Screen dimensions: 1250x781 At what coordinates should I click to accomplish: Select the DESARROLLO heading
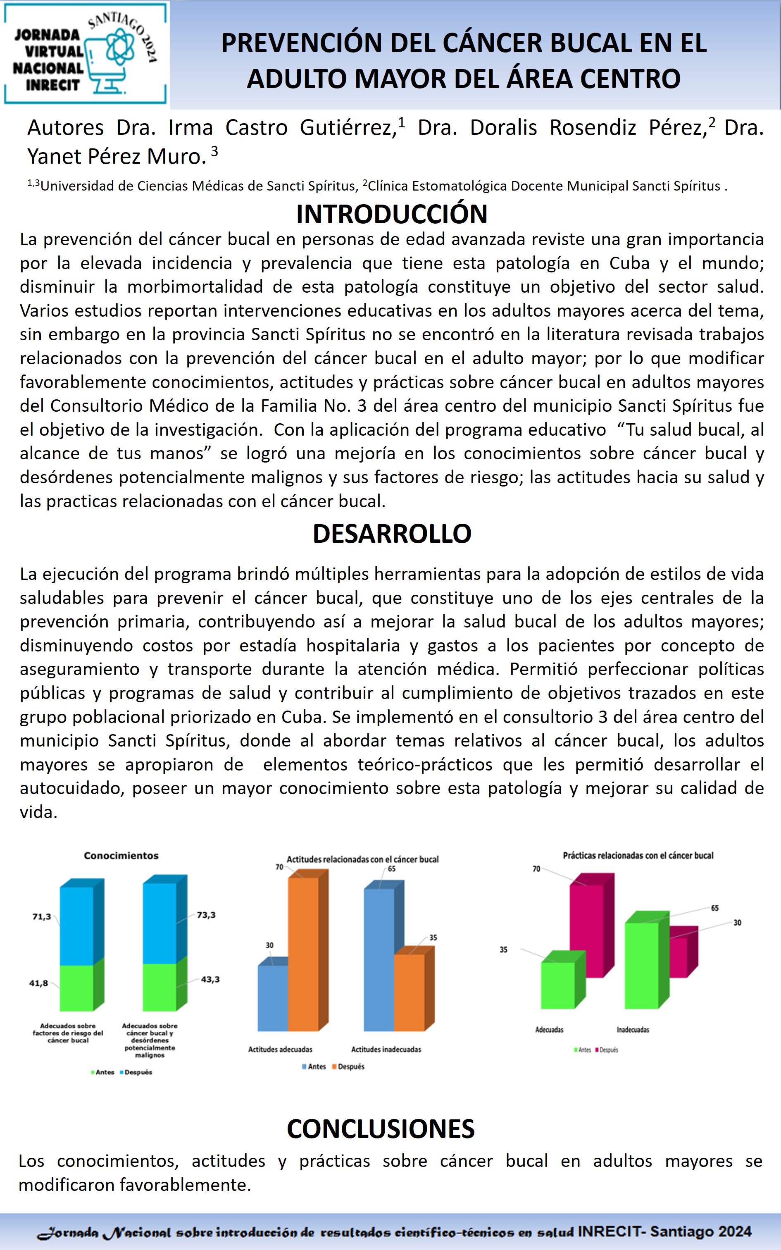[392, 534]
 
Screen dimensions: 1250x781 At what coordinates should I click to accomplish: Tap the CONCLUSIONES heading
[381, 1128]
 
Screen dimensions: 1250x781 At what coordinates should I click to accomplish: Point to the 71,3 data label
[42, 917]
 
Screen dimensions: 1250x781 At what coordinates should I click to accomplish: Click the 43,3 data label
[210, 979]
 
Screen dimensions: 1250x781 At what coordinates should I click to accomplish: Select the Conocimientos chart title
[121, 855]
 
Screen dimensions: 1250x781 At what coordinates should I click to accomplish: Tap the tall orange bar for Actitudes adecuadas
[303, 950]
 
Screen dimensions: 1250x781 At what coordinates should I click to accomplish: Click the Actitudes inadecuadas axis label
[386, 1050]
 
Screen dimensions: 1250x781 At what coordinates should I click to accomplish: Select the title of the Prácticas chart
[638, 855]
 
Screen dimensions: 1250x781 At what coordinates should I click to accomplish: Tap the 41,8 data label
[39, 983]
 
